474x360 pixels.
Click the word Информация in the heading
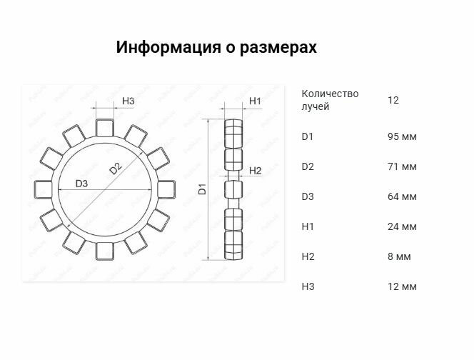[168, 47]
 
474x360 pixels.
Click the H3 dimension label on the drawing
[128, 101]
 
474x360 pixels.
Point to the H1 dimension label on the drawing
[255, 101]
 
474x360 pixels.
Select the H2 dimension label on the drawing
[255, 171]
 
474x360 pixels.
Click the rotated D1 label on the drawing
[202, 189]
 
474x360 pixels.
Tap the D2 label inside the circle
[116, 168]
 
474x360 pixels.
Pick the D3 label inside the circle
[81, 184]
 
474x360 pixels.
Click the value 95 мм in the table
[402, 136]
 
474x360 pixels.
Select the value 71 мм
[402, 166]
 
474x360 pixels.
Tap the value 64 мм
[402, 196]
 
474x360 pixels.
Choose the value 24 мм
[402, 226]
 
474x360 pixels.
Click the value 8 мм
[399, 256]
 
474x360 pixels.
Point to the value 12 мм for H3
[402, 286]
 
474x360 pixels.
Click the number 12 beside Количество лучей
[393, 100]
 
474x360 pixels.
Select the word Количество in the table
[330, 94]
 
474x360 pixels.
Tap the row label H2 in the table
[308, 256]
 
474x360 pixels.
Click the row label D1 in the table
[308, 136]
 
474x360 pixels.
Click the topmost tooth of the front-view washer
[105, 128]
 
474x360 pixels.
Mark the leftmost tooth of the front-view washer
[44, 189]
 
